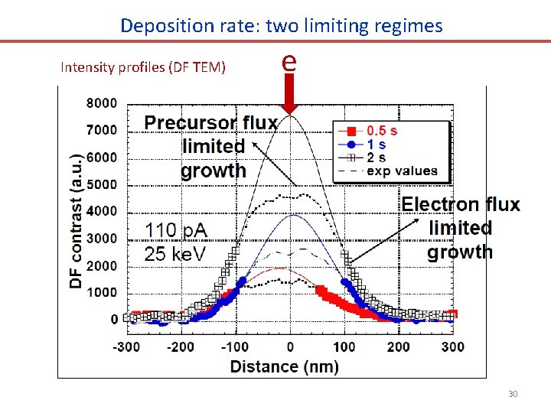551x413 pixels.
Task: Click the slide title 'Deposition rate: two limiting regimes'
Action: (x=281, y=25)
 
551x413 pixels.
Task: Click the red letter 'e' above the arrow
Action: (x=289, y=60)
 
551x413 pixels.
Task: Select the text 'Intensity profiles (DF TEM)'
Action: (x=142, y=67)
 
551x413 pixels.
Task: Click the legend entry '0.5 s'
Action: (x=381, y=130)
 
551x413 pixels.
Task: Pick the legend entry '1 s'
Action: (x=376, y=144)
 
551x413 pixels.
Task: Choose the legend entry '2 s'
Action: (x=376, y=158)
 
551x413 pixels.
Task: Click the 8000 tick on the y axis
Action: (x=101, y=103)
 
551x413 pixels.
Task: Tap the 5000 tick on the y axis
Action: (x=101, y=184)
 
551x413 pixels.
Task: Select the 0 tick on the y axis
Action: (x=114, y=320)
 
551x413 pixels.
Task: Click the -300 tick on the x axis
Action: (x=126, y=346)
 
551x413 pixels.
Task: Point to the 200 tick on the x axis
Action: (x=399, y=346)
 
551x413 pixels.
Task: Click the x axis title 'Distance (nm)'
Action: (x=284, y=366)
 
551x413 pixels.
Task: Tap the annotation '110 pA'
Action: (x=176, y=229)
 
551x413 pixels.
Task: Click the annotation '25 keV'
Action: (x=176, y=253)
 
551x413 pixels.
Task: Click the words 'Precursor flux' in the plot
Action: (x=210, y=123)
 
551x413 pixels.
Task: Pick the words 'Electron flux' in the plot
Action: (x=461, y=204)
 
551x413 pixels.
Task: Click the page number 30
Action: (x=513, y=394)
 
